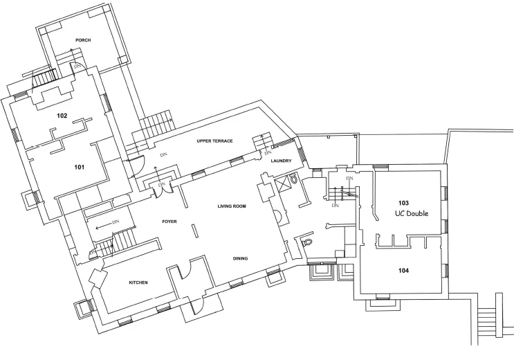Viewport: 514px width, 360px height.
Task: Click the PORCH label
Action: coord(83,40)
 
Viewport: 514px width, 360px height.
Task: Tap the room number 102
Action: coord(62,116)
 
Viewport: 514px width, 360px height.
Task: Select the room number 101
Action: coord(80,167)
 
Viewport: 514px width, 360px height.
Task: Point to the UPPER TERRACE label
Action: coord(214,141)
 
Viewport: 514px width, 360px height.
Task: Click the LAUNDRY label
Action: coord(282,161)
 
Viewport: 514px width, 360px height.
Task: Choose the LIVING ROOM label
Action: coord(232,206)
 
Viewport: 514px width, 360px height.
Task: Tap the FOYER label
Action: coord(169,222)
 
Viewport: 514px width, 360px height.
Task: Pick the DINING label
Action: coord(240,258)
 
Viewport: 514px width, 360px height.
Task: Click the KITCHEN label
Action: coord(138,282)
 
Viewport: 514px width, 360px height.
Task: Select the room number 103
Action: coord(403,202)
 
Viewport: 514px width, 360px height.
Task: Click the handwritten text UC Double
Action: coord(412,213)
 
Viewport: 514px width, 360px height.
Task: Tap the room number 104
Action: coord(403,271)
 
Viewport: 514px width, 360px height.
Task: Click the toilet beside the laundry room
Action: coord(293,179)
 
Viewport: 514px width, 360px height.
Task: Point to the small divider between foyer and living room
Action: coord(194,231)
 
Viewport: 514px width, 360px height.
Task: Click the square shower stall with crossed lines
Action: coord(282,183)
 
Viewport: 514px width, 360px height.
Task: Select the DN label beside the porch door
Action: coord(77,66)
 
